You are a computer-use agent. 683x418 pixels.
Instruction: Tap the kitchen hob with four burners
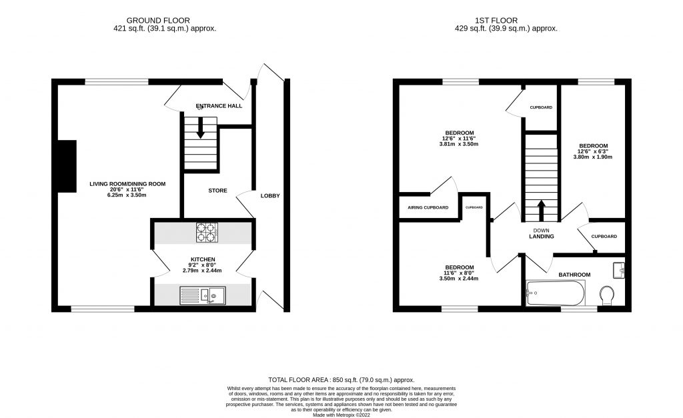[x=206, y=231]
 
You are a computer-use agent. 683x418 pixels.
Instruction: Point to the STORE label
[x=217, y=191]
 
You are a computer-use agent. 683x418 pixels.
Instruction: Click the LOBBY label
[x=270, y=196]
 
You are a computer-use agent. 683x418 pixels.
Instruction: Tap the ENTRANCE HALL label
[x=219, y=106]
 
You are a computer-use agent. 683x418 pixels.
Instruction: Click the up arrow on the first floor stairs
[x=540, y=208]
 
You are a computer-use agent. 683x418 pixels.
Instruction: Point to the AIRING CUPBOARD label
[x=428, y=207]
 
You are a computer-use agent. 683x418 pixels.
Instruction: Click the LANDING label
[x=542, y=237]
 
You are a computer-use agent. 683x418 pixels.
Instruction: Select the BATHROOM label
[x=574, y=275]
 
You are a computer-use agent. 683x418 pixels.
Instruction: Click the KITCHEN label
[x=203, y=259]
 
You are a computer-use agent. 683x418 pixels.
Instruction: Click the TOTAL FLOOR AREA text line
[x=341, y=378]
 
